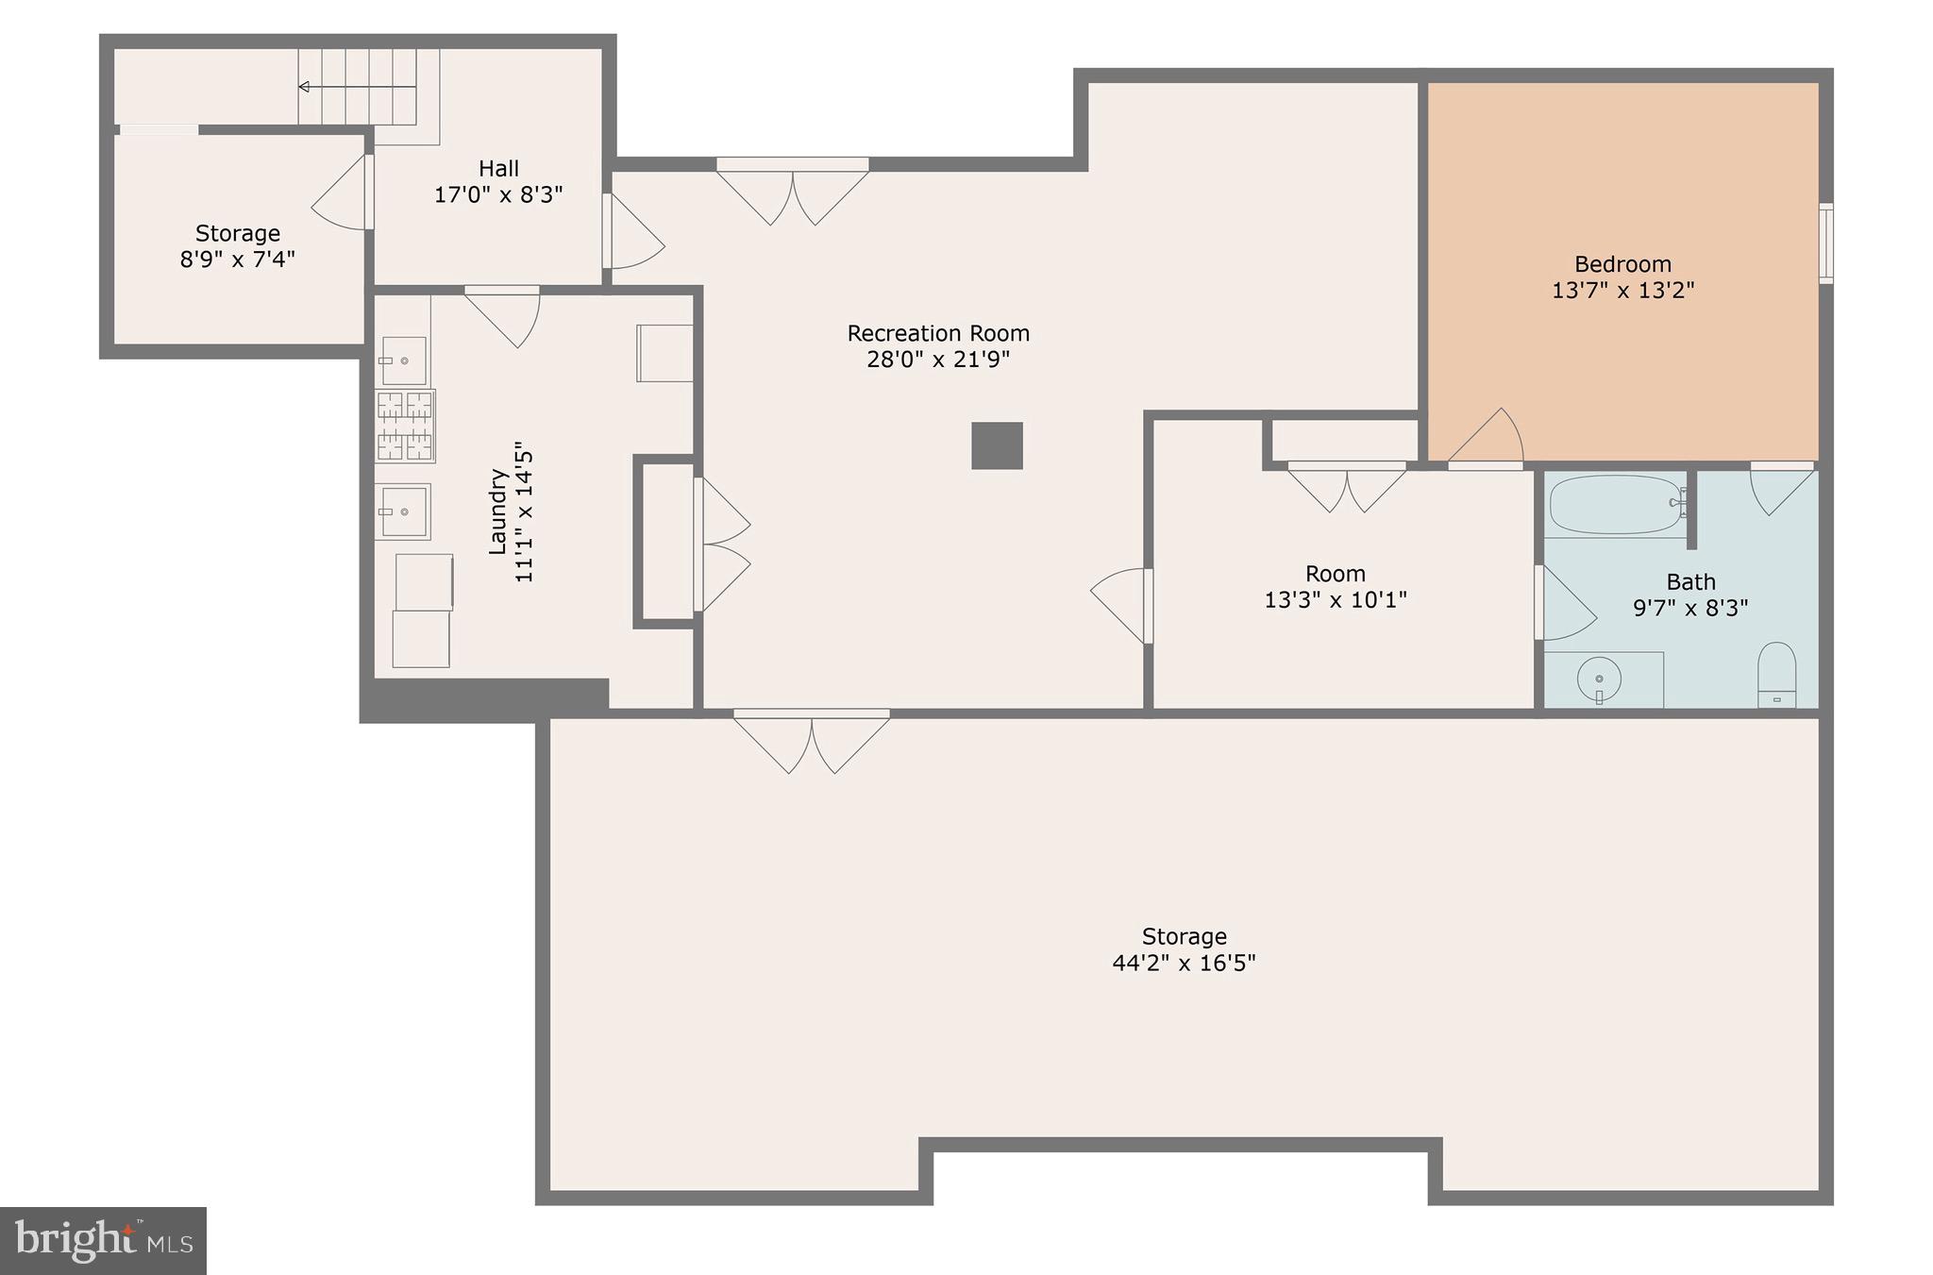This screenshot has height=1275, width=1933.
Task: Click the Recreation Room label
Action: tap(937, 333)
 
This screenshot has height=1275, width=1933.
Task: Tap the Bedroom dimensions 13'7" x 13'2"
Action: tap(1622, 291)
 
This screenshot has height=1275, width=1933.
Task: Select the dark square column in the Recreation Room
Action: tap(997, 445)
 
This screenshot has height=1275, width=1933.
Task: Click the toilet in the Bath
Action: tap(1776, 674)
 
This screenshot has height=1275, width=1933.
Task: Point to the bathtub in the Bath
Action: tap(1617, 505)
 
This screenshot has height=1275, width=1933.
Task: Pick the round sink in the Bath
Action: tap(1599, 679)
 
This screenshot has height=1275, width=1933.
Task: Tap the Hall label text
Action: tap(498, 169)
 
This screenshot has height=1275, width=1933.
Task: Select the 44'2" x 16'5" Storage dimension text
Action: tap(1184, 963)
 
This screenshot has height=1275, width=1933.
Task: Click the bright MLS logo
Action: tap(103, 1240)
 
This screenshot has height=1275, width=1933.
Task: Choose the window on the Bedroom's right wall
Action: tap(1825, 243)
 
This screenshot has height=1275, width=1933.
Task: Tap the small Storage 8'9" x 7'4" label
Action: tap(238, 245)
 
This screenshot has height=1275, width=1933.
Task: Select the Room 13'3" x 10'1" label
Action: tap(1335, 586)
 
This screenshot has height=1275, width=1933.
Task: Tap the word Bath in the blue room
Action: tap(1690, 581)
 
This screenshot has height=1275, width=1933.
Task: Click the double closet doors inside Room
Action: tap(1347, 488)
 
